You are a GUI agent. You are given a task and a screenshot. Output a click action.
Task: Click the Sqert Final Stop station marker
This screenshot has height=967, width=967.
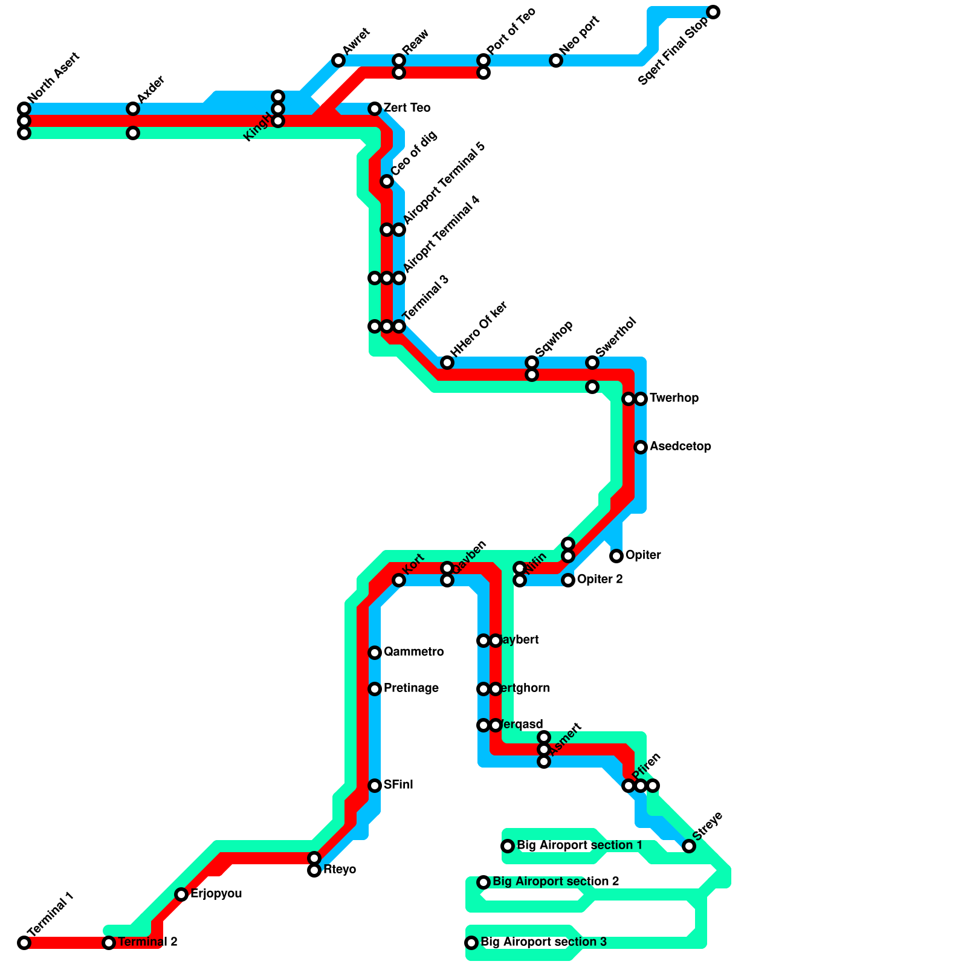point(713,12)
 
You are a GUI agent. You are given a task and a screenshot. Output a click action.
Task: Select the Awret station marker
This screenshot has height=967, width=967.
point(338,60)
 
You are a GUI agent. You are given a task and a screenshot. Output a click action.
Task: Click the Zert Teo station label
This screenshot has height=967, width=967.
point(407,108)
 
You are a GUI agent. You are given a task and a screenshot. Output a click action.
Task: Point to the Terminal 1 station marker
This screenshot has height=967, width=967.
point(24,943)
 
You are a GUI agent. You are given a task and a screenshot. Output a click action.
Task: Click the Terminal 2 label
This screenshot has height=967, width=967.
point(147,942)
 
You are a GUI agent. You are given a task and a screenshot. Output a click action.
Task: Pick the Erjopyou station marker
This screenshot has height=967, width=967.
point(181,894)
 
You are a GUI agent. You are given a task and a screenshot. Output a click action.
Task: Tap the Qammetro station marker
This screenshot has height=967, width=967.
point(375,653)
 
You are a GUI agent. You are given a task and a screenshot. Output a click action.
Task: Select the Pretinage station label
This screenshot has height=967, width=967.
point(411,688)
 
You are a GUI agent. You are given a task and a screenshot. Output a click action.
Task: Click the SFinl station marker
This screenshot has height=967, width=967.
point(375,786)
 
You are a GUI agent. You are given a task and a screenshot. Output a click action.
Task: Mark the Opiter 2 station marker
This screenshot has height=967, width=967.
point(568,580)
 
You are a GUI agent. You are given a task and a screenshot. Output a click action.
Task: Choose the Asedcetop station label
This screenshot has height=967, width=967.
point(680,447)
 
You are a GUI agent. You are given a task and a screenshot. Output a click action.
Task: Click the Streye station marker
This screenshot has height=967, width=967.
point(689,846)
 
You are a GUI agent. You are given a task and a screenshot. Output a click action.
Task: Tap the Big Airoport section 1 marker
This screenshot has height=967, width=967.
point(508,846)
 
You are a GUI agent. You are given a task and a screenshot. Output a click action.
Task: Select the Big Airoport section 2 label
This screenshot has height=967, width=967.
point(555,882)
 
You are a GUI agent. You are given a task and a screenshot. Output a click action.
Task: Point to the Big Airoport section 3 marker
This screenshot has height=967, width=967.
point(471,943)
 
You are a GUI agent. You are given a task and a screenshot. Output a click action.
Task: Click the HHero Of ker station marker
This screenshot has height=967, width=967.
point(447,363)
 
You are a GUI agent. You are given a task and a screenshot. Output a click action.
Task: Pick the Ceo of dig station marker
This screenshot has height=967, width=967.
point(387,181)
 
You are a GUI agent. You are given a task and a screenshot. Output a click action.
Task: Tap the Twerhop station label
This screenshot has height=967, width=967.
point(674,398)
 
